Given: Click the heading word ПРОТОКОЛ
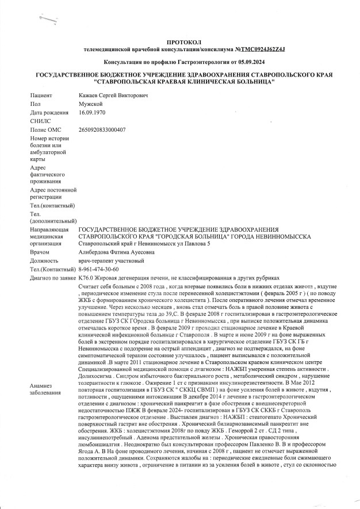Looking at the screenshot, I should (181, 42).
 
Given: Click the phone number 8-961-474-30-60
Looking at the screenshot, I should (98, 270).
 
